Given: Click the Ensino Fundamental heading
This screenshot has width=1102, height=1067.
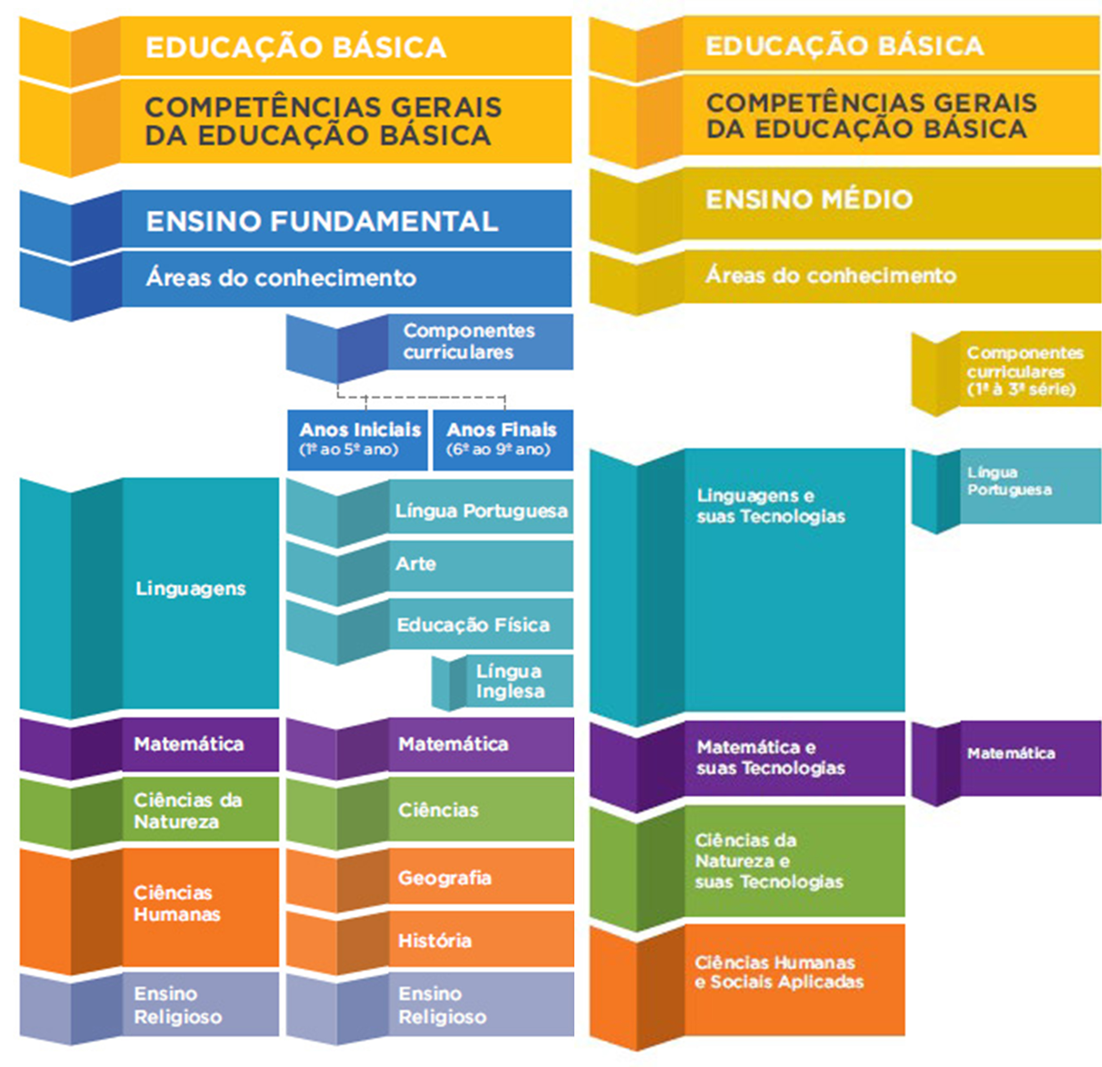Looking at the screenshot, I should [322, 220].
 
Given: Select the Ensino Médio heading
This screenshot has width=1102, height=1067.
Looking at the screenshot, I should [809, 199].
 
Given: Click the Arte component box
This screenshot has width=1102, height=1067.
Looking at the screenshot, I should [416, 564].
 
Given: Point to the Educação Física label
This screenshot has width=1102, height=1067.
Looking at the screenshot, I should [473, 625].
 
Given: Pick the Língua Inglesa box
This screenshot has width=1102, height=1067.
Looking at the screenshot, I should [509, 681].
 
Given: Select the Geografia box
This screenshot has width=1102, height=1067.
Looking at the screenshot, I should [444, 878].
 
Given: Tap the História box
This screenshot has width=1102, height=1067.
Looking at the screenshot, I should [435, 940].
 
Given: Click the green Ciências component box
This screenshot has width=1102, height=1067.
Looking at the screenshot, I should [438, 810].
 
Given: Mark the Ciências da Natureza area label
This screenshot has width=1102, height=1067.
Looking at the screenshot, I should [188, 811].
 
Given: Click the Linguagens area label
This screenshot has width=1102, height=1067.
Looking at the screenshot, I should [191, 588].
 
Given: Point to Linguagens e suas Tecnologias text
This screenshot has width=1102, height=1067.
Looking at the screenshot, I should [770, 505].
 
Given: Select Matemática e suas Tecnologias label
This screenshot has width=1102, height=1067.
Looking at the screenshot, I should [770, 757].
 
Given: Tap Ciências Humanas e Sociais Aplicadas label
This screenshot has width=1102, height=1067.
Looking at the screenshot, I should [778, 972].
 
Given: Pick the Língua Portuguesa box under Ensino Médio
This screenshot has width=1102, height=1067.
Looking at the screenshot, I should [1009, 481].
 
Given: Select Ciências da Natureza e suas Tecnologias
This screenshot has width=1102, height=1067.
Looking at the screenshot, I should [769, 861].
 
